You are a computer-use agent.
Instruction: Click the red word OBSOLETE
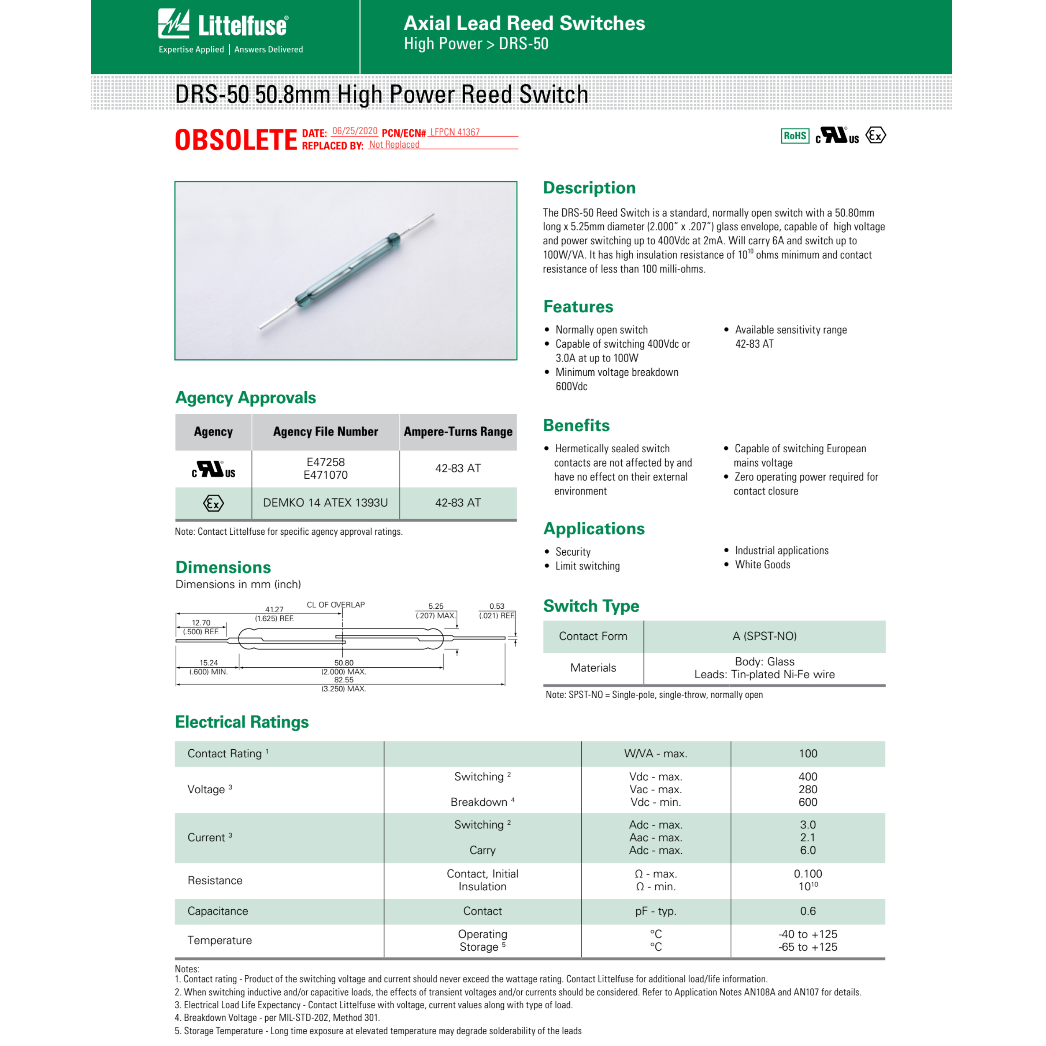click(236, 140)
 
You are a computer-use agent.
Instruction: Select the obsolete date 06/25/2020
click(355, 131)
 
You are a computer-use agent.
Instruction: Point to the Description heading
click(589, 188)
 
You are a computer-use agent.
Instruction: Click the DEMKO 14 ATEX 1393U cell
click(326, 503)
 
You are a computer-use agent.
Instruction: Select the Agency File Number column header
click(326, 431)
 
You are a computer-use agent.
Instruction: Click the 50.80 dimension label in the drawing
click(344, 663)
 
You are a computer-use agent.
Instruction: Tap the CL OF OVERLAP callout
click(336, 605)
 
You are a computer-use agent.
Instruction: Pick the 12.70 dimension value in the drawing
click(201, 623)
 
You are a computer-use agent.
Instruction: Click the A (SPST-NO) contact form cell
click(764, 636)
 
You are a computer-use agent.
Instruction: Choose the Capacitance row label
click(218, 911)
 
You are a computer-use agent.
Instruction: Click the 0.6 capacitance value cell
click(808, 911)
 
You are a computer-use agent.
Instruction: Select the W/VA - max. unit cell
click(656, 754)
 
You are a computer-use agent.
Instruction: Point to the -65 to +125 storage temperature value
click(808, 947)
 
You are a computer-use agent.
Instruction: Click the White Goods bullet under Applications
click(762, 565)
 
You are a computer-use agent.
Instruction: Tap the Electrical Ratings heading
click(242, 722)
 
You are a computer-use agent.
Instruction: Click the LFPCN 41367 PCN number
click(455, 132)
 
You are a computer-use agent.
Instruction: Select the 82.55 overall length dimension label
click(344, 680)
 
